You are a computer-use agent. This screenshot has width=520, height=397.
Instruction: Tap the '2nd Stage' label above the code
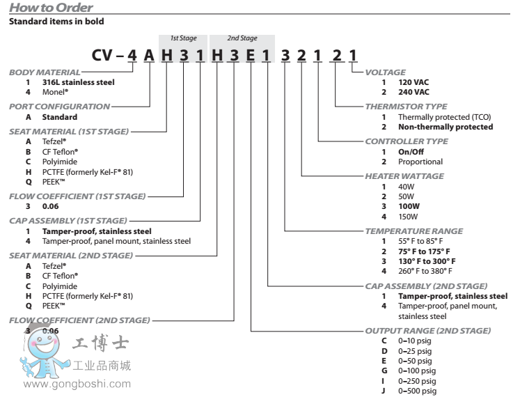click(x=242, y=38)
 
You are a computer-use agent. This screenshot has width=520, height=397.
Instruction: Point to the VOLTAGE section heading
click(x=386, y=72)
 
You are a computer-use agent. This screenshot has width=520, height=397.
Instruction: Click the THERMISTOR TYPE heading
click(x=406, y=107)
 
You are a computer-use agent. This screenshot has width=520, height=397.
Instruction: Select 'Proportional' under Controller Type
click(x=420, y=162)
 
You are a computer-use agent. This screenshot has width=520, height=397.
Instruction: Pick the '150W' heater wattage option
click(x=408, y=216)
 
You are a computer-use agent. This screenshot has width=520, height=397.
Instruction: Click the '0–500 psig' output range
click(x=417, y=391)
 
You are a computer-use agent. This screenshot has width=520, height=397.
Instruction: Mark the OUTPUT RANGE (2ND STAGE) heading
click(x=427, y=330)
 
